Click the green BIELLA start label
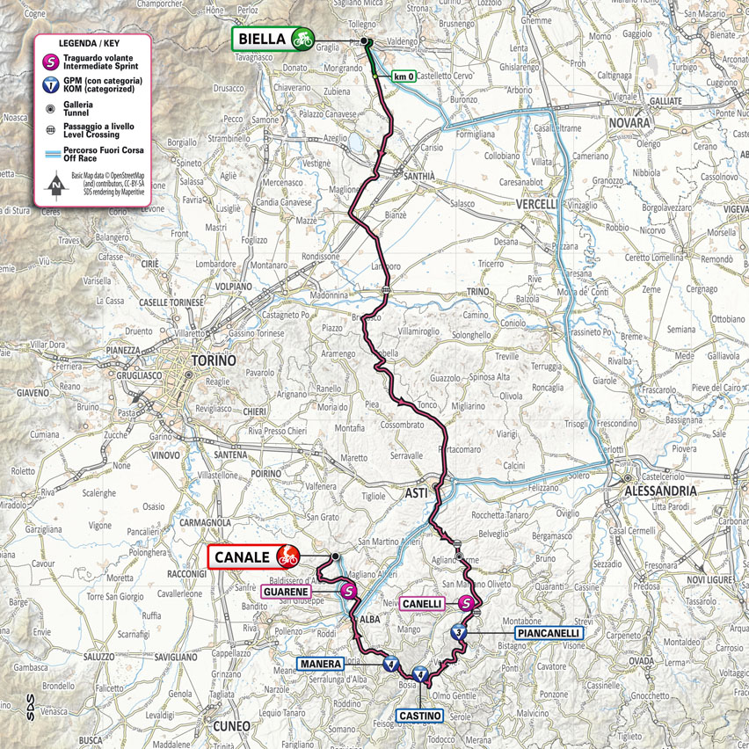pyautogui.click(x=262, y=39)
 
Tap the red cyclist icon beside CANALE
pyautogui.click(x=286, y=556)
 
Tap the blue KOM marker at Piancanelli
pyautogui.click(x=458, y=631)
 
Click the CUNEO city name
pyautogui.click(x=232, y=725)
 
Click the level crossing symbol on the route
pyautogui.click(x=386, y=288)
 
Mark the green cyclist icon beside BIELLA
pyautogui.click(x=303, y=39)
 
